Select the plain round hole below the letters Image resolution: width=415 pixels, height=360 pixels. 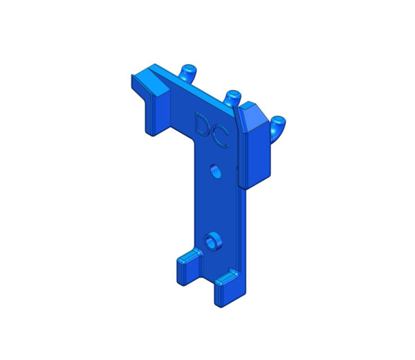[x=215, y=172]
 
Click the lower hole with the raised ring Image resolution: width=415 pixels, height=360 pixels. [x=213, y=242]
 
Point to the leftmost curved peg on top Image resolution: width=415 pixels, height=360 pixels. [x=188, y=72]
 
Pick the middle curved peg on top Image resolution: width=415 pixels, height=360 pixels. [x=232, y=98]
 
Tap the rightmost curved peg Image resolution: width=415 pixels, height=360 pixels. [x=277, y=127]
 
